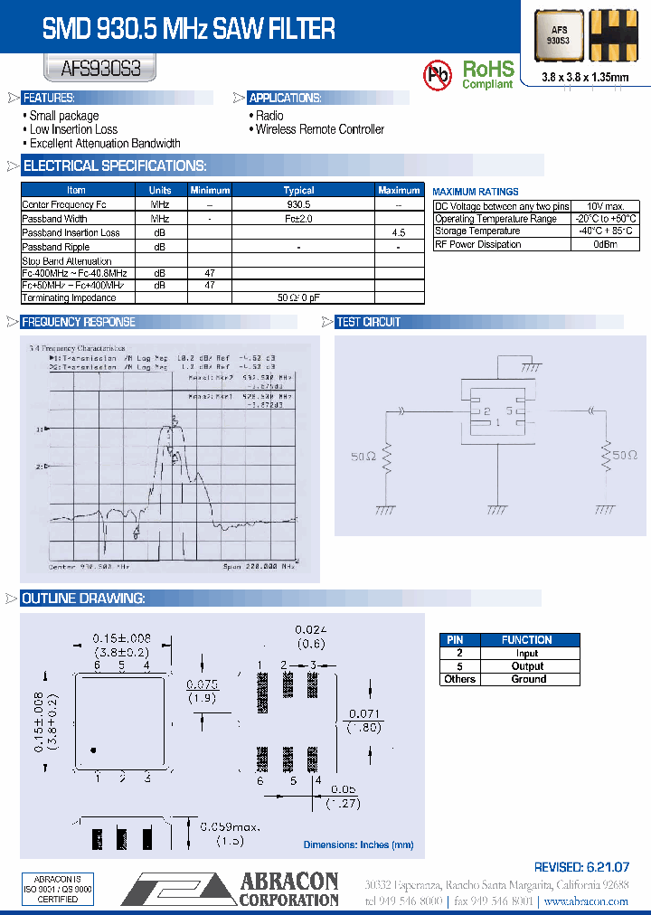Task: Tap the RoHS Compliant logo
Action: point(487,74)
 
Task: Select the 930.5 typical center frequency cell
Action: point(298,204)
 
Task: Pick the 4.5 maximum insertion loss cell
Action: point(399,232)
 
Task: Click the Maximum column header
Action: point(399,190)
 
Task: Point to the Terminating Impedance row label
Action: point(69,297)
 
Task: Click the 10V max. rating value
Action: point(606,206)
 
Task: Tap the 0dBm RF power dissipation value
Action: point(606,244)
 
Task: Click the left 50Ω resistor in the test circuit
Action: point(386,459)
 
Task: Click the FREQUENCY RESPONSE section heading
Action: point(79,322)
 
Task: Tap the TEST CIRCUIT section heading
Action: point(368,322)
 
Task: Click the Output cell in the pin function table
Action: point(527,666)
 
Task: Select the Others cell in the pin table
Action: point(459,679)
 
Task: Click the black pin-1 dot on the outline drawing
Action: point(93,750)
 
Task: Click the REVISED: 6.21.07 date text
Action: point(581,866)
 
